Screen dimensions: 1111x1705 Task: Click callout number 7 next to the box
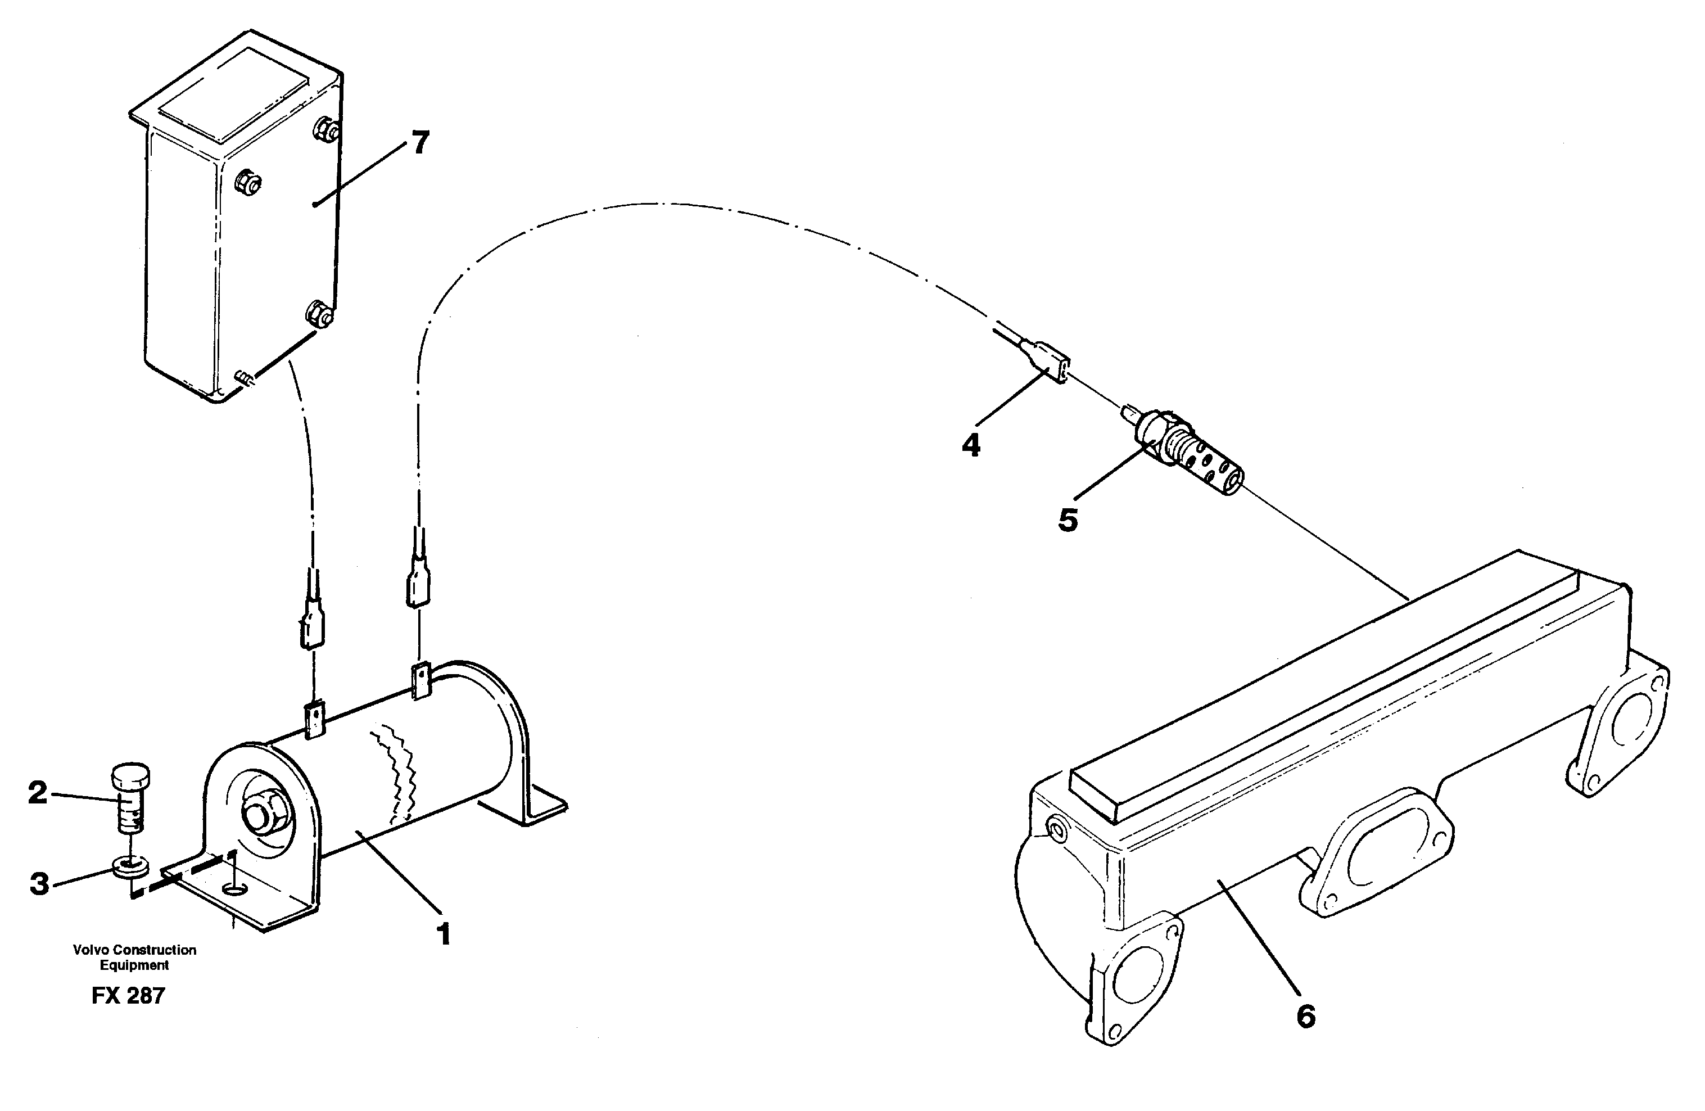420,143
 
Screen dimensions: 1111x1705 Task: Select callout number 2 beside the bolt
37,793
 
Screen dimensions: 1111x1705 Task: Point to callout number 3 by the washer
39,884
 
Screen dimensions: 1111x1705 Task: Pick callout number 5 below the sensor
1068,520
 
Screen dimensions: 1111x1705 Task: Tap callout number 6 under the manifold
1306,1017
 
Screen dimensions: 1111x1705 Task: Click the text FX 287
128,996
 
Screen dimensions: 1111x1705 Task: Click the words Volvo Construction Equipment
134,958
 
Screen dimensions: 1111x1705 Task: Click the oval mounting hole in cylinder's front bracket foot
234,889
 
